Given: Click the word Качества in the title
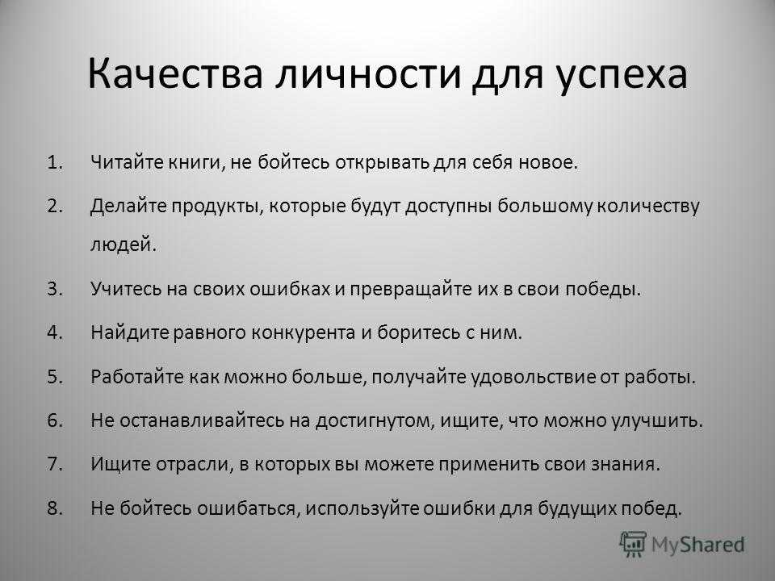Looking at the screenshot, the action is tap(174, 74).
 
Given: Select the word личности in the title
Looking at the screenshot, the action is tap(368, 74).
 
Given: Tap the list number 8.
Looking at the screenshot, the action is tap(56, 508).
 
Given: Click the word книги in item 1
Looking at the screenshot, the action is tap(197, 163).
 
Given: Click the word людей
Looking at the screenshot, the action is tap(123, 245).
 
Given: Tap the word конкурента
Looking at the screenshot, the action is tap(304, 333).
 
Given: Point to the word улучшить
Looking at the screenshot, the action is tap(657, 421).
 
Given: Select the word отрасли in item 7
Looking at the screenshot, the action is tap(195, 465).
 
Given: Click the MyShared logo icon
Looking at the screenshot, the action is tap(633, 545).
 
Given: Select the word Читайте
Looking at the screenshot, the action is tap(127, 162).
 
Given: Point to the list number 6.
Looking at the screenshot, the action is tap(56, 420).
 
